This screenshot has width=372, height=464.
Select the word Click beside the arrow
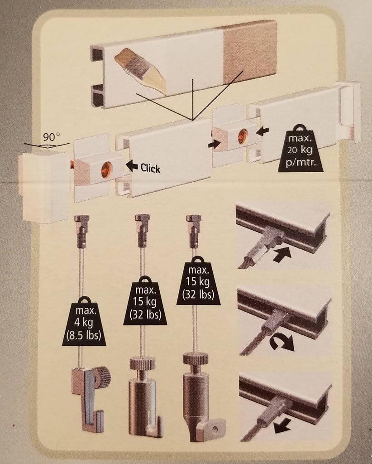click(x=150, y=168)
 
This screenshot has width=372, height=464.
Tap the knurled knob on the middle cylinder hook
click(x=143, y=364)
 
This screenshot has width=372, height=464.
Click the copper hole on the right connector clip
click(x=243, y=134)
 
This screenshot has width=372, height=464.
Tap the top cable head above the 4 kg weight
click(x=82, y=222)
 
